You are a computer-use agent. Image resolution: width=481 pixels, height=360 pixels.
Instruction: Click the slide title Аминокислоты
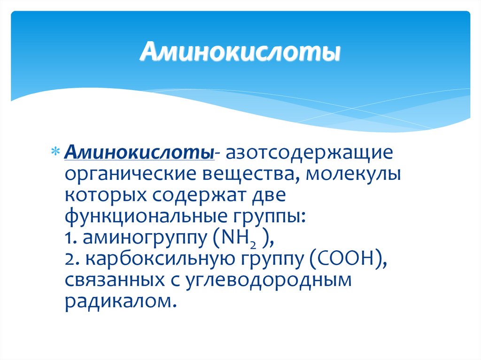[240, 52]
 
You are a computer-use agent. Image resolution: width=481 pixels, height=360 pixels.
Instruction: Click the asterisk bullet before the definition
[55, 153]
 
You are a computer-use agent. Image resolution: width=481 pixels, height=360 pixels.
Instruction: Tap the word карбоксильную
[152, 260]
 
